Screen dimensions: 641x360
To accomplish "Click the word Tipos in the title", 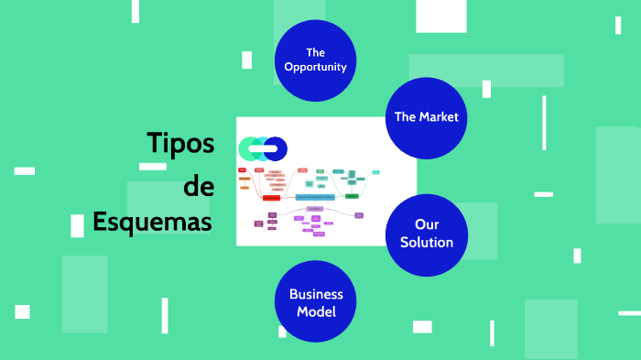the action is click(180, 143).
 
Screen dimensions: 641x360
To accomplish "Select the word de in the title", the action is click(199, 186).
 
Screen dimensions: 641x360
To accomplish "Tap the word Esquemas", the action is click(152, 223).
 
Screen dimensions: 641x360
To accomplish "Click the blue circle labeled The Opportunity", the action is click(315, 60).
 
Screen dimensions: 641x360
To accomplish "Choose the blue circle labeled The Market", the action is click(426, 118).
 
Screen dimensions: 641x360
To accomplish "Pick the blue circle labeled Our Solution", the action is click(426, 235).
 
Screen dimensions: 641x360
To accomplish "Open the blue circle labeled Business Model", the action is click(315, 301).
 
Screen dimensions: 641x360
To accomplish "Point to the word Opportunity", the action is click(315, 67).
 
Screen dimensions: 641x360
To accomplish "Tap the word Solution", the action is click(426, 243).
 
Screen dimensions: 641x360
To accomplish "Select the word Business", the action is click(316, 294).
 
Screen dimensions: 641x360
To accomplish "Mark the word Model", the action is click(316, 311).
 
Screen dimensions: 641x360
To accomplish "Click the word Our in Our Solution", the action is click(427, 224).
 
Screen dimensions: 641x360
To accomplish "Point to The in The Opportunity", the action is click(315, 52).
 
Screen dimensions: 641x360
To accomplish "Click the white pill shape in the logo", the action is click(263, 148).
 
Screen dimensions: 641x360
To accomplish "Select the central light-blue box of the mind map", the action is click(314, 197).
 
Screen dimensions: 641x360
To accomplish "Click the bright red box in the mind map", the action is click(271, 197).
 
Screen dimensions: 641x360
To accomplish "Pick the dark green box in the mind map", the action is click(352, 196).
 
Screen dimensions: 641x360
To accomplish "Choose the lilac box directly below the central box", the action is click(314, 209).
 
